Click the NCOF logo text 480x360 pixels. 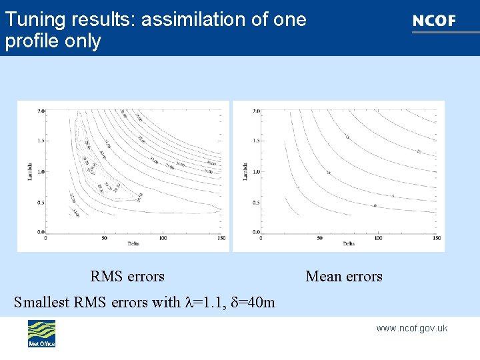434,21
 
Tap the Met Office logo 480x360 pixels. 41,333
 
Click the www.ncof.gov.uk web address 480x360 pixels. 411,328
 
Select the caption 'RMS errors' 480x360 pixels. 127,276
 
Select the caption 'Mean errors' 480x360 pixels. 344,276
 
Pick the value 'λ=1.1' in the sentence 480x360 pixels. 203,302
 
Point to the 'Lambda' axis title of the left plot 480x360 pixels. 22,171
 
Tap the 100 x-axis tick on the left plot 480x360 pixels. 163,237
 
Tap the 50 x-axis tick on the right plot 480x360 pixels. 320,237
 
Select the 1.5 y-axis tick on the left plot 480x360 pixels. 41,141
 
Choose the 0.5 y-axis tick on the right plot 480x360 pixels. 256,202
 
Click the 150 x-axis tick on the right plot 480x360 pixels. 437,237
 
